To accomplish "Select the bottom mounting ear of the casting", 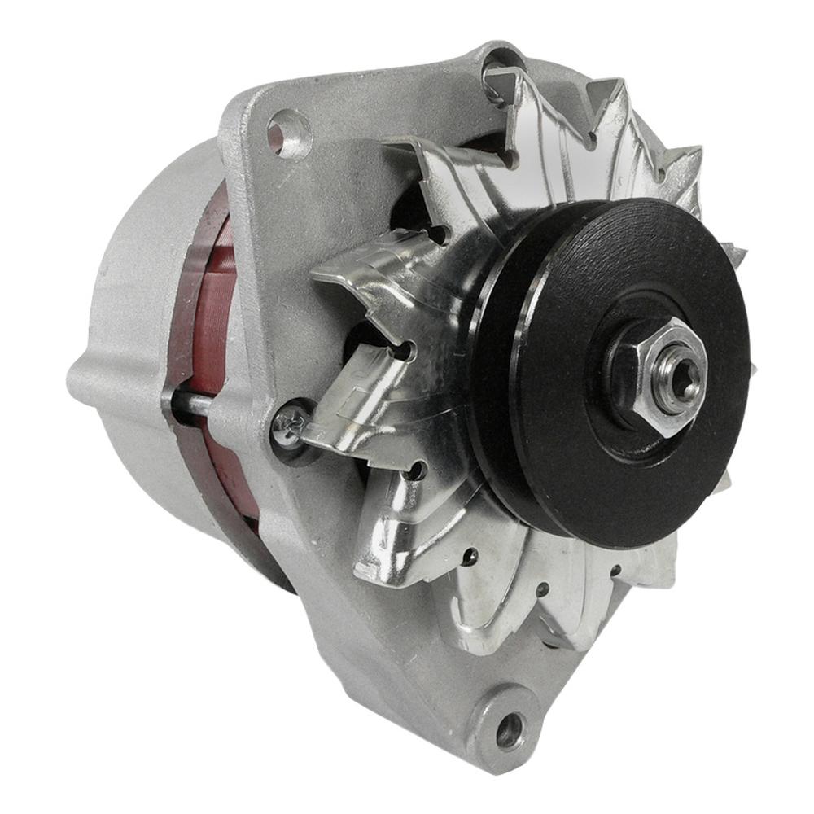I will coord(497,716).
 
